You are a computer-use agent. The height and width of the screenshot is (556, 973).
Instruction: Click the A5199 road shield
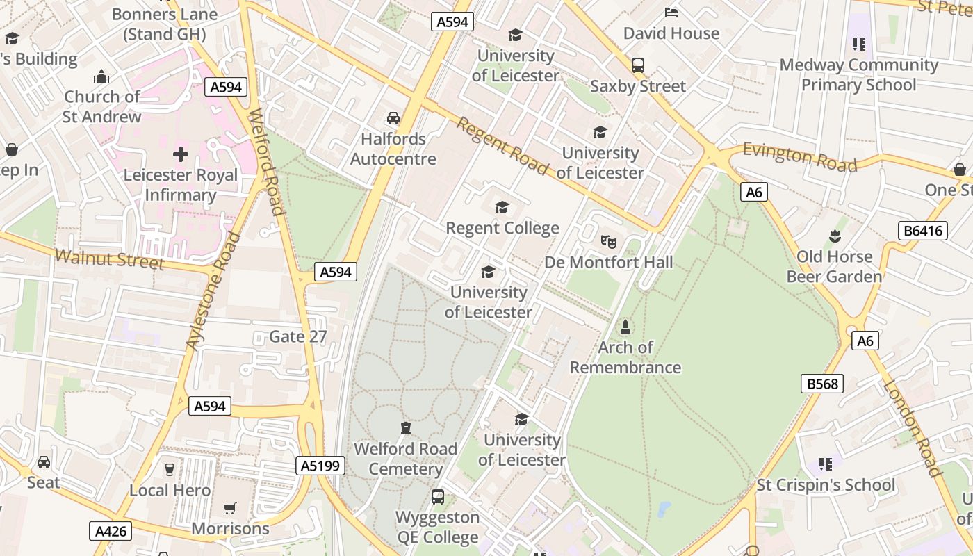click(320, 466)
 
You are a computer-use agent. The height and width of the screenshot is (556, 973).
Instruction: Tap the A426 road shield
click(111, 532)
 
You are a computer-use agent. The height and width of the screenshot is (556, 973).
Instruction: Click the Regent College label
click(502, 228)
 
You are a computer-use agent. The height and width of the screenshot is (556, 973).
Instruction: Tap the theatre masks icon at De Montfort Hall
click(609, 242)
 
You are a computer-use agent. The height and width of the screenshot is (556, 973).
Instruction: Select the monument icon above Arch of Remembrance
click(625, 327)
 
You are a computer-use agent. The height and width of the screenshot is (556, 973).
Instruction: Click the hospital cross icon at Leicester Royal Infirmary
click(181, 154)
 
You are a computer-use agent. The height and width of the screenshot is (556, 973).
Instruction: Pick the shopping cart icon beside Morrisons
click(230, 509)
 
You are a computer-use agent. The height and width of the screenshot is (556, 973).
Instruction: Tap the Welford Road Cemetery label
click(406, 459)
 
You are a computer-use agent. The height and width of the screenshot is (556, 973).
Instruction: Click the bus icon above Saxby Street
click(637, 65)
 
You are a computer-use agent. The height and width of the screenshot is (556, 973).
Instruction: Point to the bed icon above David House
click(671, 13)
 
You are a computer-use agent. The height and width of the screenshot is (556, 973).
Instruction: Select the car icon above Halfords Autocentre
click(393, 118)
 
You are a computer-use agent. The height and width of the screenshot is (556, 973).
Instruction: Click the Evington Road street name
click(799, 156)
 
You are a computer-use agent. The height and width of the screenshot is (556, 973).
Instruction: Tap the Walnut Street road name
click(109, 260)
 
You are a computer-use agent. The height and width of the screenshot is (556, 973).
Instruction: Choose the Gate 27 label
click(297, 336)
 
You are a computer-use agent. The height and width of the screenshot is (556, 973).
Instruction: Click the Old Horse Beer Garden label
click(834, 267)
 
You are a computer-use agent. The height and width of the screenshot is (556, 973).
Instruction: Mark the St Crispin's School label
click(826, 484)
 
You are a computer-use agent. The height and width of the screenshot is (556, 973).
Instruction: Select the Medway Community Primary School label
click(859, 75)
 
